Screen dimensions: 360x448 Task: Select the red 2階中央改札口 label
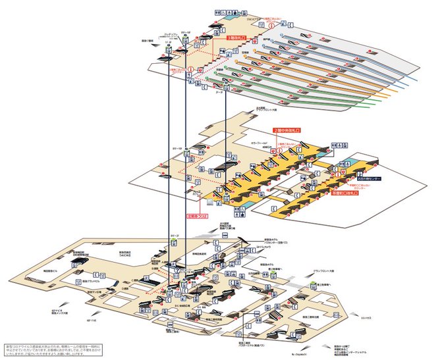(x=287, y=131)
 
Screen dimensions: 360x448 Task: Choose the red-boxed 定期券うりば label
(x=196, y=215)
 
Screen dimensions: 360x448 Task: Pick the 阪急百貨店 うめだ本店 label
(x=125, y=253)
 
